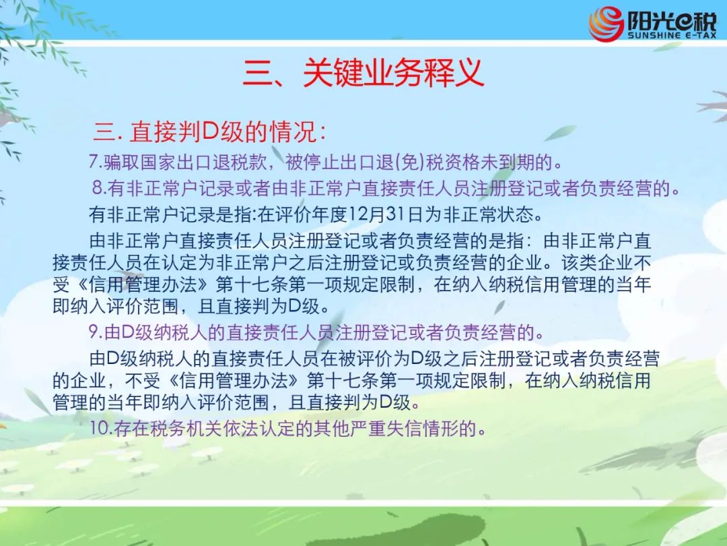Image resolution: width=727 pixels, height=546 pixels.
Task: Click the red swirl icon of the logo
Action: pyautogui.click(x=607, y=24)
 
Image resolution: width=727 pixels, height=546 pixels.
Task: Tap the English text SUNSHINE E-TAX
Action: pyautogui.click(x=672, y=35)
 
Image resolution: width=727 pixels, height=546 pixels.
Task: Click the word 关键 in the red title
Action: pyautogui.click(x=332, y=73)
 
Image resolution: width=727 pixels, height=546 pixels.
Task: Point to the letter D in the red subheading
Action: pyautogui.click(x=211, y=131)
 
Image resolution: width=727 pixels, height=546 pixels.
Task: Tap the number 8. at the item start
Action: pyautogui.click(x=100, y=188)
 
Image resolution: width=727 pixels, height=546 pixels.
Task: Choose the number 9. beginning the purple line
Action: pyautogui.click(x=96, y=332)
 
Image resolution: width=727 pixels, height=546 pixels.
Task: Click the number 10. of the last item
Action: pyautogui.click(x=101, y=428)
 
